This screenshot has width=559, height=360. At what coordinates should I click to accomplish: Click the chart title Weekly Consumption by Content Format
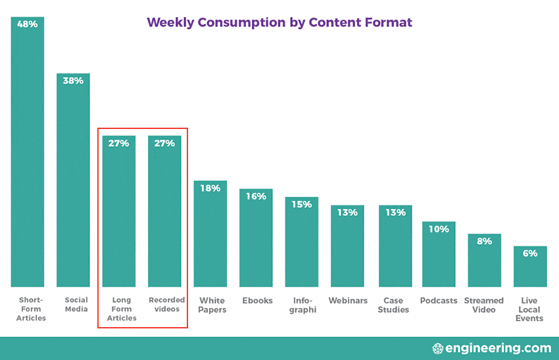click(x=279, y=22)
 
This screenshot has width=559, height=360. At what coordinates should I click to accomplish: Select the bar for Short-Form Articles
click(x=28, y=158)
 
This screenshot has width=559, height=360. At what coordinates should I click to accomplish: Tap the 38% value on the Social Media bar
click(x=73, y=81)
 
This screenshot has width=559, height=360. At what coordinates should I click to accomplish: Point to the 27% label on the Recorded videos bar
click(x=164, y=143)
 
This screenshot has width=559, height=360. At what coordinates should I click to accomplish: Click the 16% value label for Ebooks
click(x=256, y=196)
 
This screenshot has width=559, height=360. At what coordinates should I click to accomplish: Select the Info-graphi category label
click(x=302, y=305)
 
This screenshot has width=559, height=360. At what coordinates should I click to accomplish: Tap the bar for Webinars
click(x=347, y=250)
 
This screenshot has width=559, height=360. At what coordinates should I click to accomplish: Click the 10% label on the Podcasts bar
click(x=439, y=229)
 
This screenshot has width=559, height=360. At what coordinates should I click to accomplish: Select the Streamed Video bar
click(x=485, y=263)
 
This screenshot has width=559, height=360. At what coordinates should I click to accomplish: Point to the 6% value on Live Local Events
click(x=530, y=253)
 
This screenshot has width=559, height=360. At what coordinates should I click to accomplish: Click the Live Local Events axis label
click(x=529, y=309)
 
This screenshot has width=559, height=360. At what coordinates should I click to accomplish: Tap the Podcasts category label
click(x=439, y=301)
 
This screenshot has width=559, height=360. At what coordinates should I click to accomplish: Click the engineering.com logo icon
click(x=438, y=348)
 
